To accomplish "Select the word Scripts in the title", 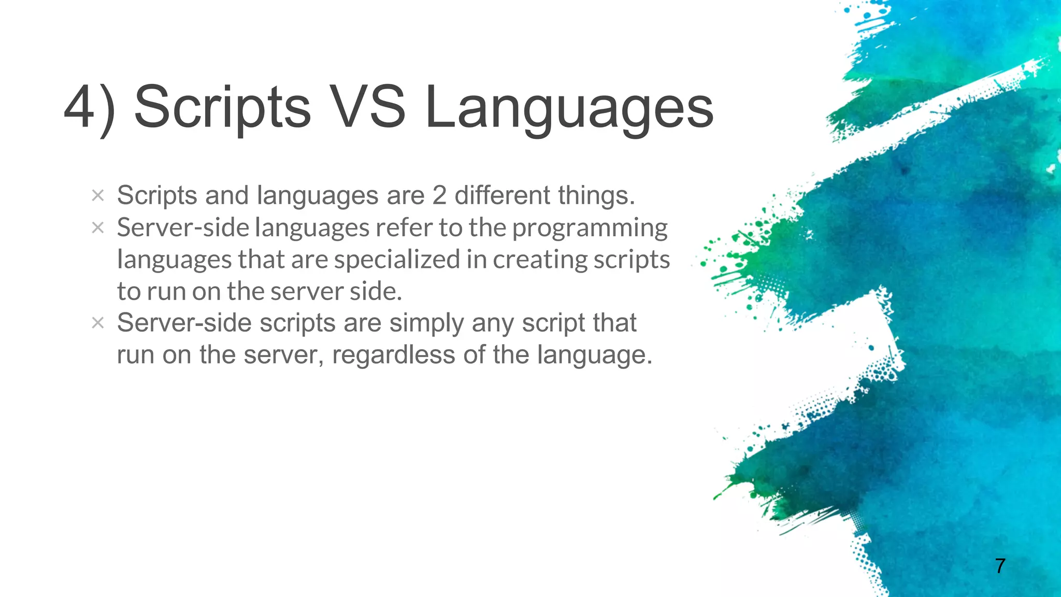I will click(222, 107).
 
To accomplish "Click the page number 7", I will click(1000, 565).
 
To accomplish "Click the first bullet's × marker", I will click(97, 196).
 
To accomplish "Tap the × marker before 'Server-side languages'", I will click(97, 228).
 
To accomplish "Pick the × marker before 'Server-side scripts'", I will click(97, 323).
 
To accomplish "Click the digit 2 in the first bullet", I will click(439, 196).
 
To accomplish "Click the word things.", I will click(596, 196).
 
